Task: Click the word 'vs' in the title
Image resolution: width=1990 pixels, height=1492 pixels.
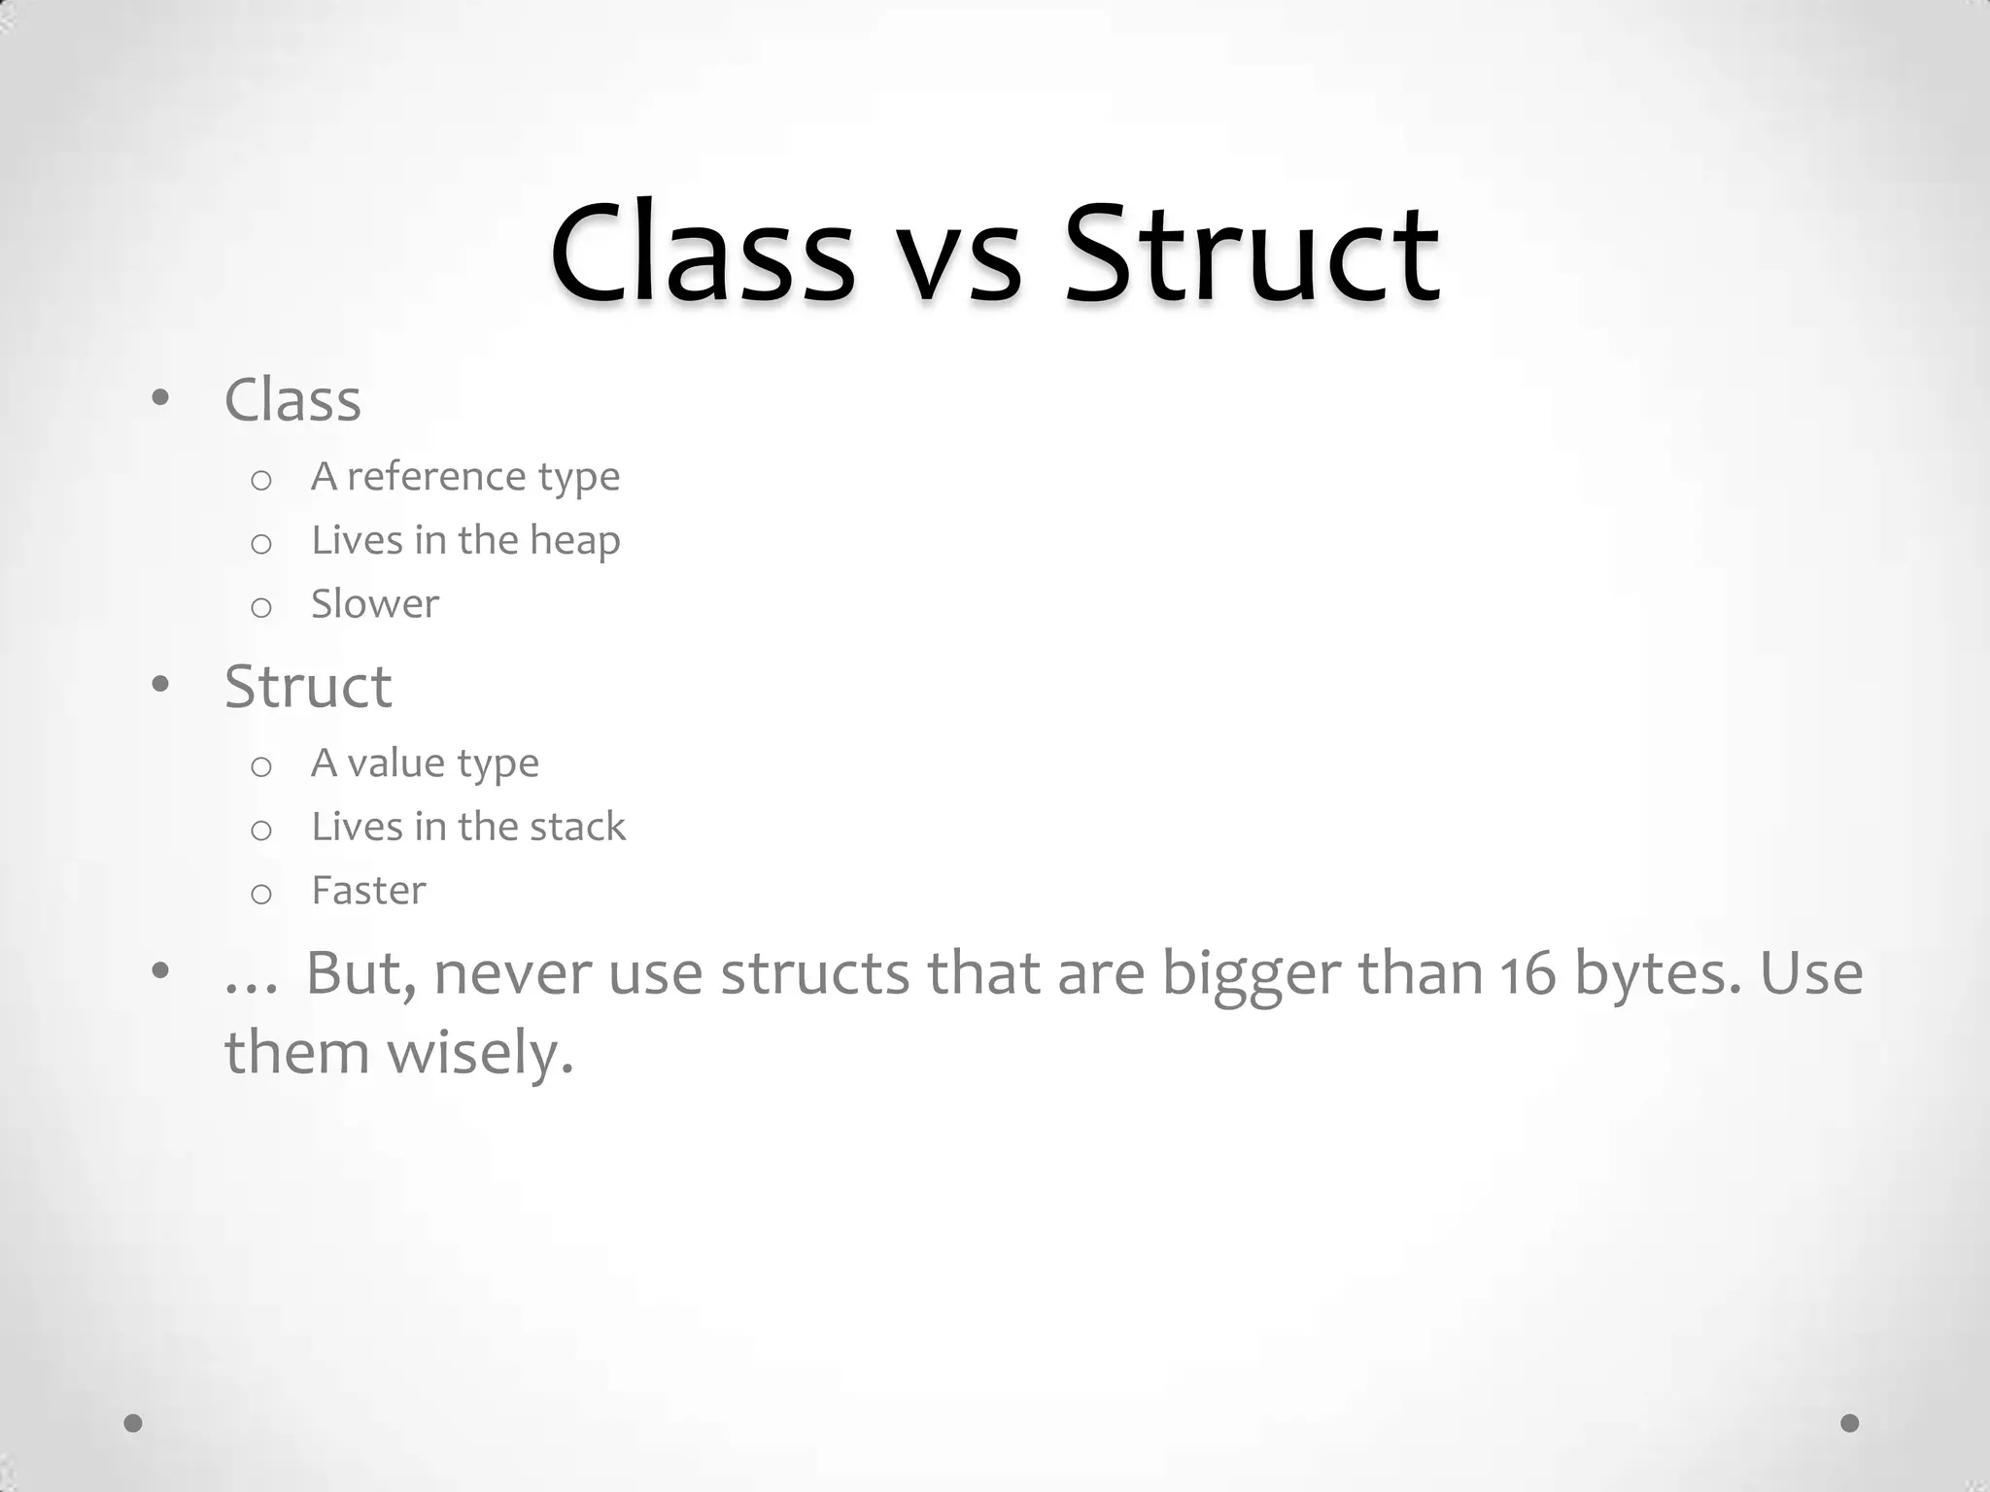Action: [x=961, y=257]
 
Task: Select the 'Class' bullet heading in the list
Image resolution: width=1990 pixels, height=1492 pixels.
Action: [x=292, y=399]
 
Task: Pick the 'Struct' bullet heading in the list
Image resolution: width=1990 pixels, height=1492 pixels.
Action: [x=308, y=687]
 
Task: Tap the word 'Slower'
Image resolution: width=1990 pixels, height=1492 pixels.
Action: [x=375, y=604]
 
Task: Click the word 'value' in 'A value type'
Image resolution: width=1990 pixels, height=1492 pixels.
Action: [x=389, y=763]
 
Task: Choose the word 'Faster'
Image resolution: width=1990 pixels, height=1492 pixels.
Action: [x=368, y=891]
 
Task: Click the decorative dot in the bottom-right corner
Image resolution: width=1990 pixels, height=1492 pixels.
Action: [x=1850, y=1423]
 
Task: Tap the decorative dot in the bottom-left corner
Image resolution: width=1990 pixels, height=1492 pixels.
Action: [x=133, y=1423]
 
